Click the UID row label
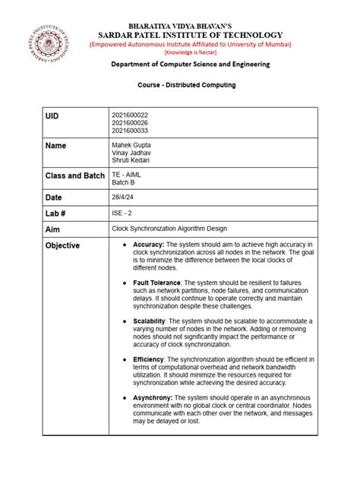(x=52, y=116)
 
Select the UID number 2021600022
(x=129, y=114)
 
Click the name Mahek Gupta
(x=131, y=144)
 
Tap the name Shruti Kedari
(x=131, y=159)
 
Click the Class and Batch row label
(x=74, y=176)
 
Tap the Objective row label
(x=62, y=246)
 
